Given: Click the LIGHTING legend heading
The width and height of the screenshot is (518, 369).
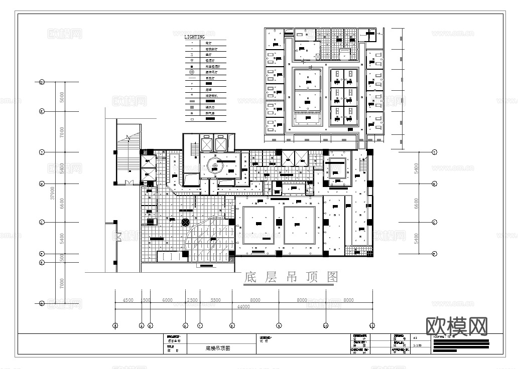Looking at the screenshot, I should pyautogui.click(x=194, y=37).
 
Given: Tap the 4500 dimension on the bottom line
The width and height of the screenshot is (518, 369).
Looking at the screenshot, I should pyautogui.click(x=128, y=300).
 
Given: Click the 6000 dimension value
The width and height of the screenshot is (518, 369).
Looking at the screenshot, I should pyautogui.click(x=168, y=300).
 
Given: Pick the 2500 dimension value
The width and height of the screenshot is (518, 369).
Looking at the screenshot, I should pyautogui.click(x=192, y=300).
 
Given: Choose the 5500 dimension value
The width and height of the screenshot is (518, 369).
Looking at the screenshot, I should pyautogui.click(x=215, y=300).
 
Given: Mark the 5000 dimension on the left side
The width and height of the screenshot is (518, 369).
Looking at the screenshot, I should pyautogui.click(x=62, y=96).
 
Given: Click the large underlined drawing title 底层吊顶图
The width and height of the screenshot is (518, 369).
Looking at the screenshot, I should pyautogui.click(x=291, y=277).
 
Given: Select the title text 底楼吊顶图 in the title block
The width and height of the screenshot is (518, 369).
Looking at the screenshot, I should pyautogui.click(x=218, y=348).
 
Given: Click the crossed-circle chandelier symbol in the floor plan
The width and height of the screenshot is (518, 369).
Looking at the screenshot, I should pyautogui.click(x=185, y=222).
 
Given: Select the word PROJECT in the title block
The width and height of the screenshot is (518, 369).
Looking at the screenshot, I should pyautogui.click(x=174, y=336).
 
